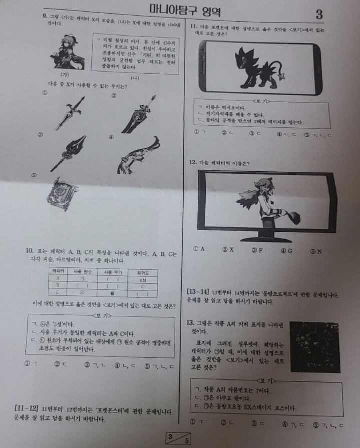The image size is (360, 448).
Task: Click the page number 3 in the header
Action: pyautogui.click(x=319, y=14)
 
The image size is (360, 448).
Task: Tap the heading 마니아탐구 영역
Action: pyautogui.click(x=185, y=11)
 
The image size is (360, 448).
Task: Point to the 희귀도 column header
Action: pyautogui.click(x=142, y=271)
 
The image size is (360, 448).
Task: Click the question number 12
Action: pyautogui.click(x=192, y=162)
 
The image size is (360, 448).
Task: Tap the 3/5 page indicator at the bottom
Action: pyautogui.click(x=179, y=438)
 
